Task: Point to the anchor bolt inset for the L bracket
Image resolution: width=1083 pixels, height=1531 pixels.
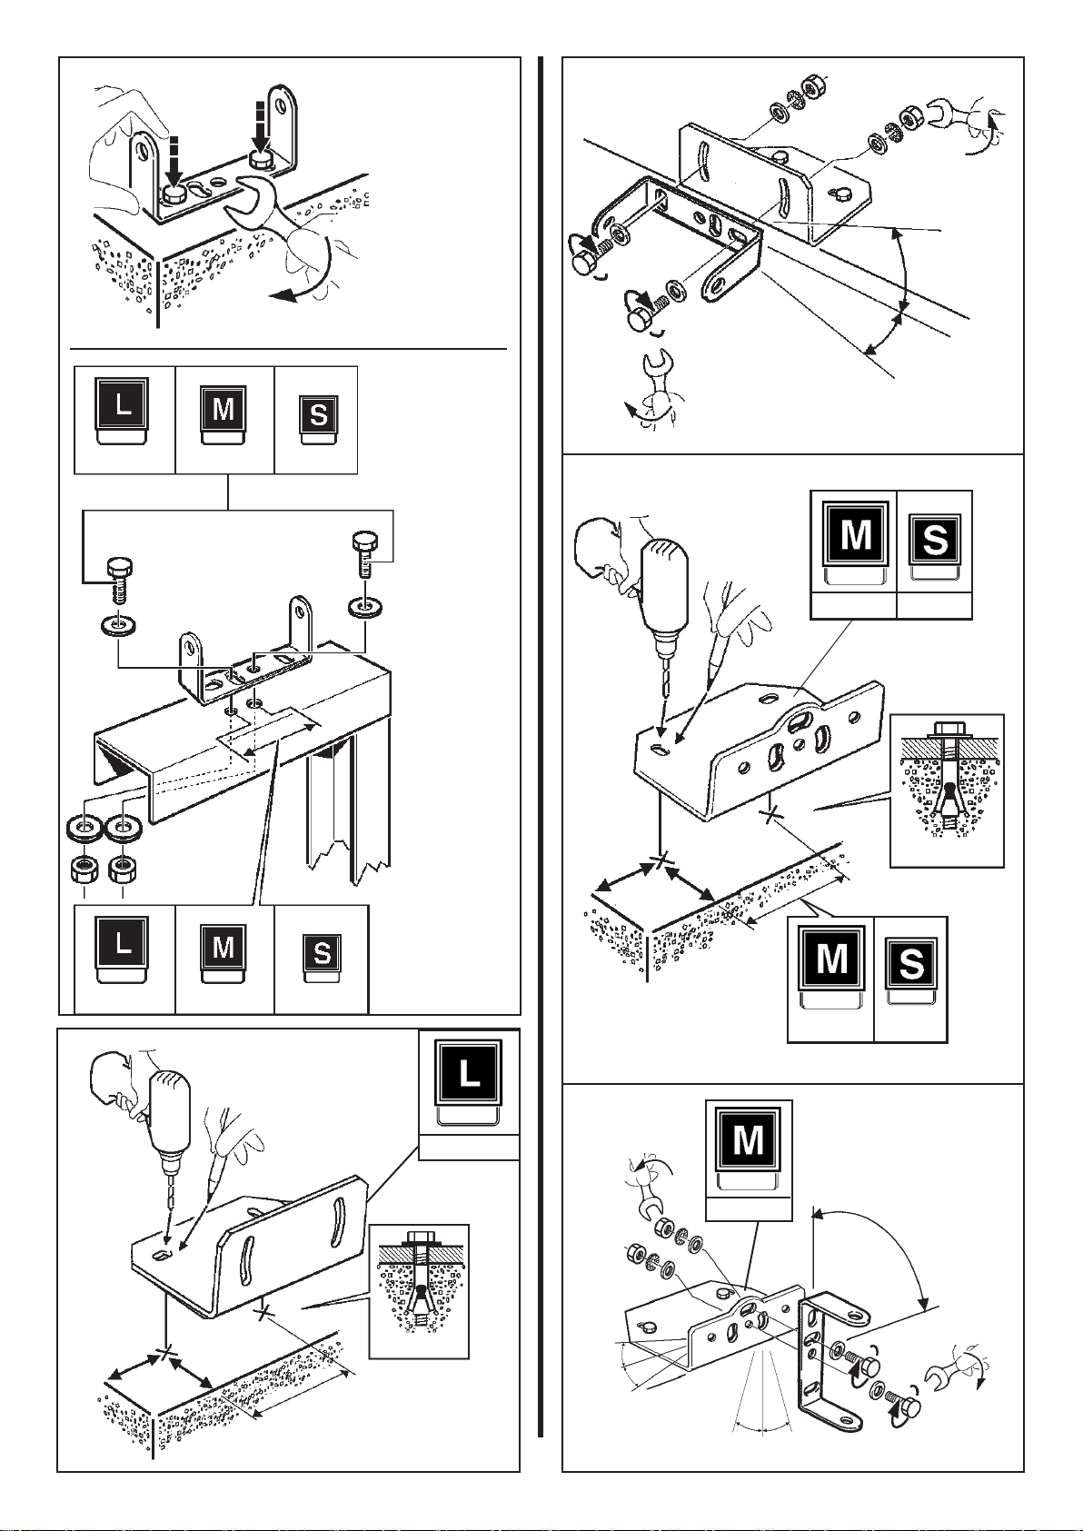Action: (419, 1291)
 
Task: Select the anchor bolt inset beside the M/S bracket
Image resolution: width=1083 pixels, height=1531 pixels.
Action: (947, 790)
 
